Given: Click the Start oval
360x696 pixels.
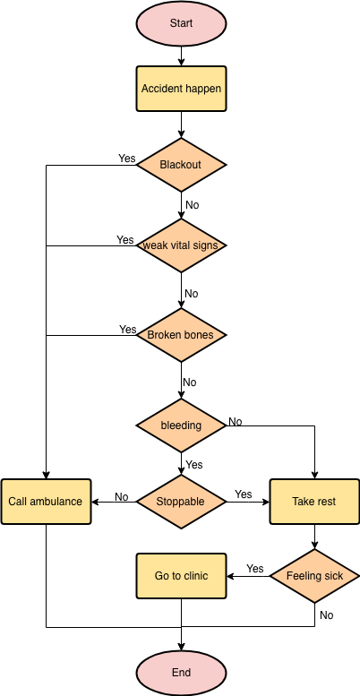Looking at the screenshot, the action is click(x=181, y=22).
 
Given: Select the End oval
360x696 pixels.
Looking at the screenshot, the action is click(x=181, y=673).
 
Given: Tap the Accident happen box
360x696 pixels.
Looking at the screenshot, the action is click(x=181, y=89).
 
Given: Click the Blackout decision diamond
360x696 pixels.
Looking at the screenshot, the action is click(x=181, y=165).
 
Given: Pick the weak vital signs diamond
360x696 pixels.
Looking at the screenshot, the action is click(x=181, y=245).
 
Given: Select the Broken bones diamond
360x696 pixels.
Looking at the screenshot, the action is click(x=181, y=335).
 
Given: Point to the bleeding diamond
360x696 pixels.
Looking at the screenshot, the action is click(x=181, y=425).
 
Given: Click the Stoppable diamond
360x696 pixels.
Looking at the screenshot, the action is click(x=181, y=502).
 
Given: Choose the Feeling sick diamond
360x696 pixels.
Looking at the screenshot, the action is click(x=314, y=576).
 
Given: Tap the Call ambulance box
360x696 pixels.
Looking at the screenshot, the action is click(x=46, y=502).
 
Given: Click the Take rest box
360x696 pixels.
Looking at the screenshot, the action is click(x=314, y=502).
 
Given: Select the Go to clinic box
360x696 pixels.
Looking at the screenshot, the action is click(x=181, y=576).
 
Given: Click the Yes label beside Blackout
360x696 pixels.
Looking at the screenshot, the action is click(x=127, y=159).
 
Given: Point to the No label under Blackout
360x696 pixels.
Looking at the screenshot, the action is click(x=193, y=205).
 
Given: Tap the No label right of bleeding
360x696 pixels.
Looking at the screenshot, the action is click(x=236, y=422).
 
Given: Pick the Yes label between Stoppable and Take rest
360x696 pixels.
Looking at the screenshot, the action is click(x=244, y=494).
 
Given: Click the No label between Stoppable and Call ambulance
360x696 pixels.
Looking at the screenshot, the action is click(x=122, y=497).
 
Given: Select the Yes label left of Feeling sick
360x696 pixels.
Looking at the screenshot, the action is click(x=255, y=569).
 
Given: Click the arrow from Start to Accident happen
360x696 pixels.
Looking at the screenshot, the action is click(x=181, y=56).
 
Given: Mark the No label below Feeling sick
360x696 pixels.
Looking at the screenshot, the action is click(x=326, y=615).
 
